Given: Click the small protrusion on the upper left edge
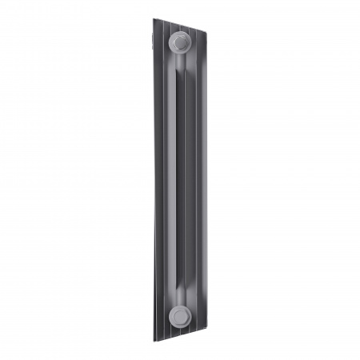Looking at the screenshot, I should coord(149,47).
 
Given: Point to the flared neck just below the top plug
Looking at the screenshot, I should coord(178,62).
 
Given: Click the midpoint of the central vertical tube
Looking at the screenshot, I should coord(178,180).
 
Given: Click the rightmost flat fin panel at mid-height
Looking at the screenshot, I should coord(200,180).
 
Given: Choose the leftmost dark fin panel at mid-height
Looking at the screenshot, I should coord(157,180).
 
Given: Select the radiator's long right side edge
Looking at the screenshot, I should coord(206,180).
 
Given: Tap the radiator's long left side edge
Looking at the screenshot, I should coord(151,180).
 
